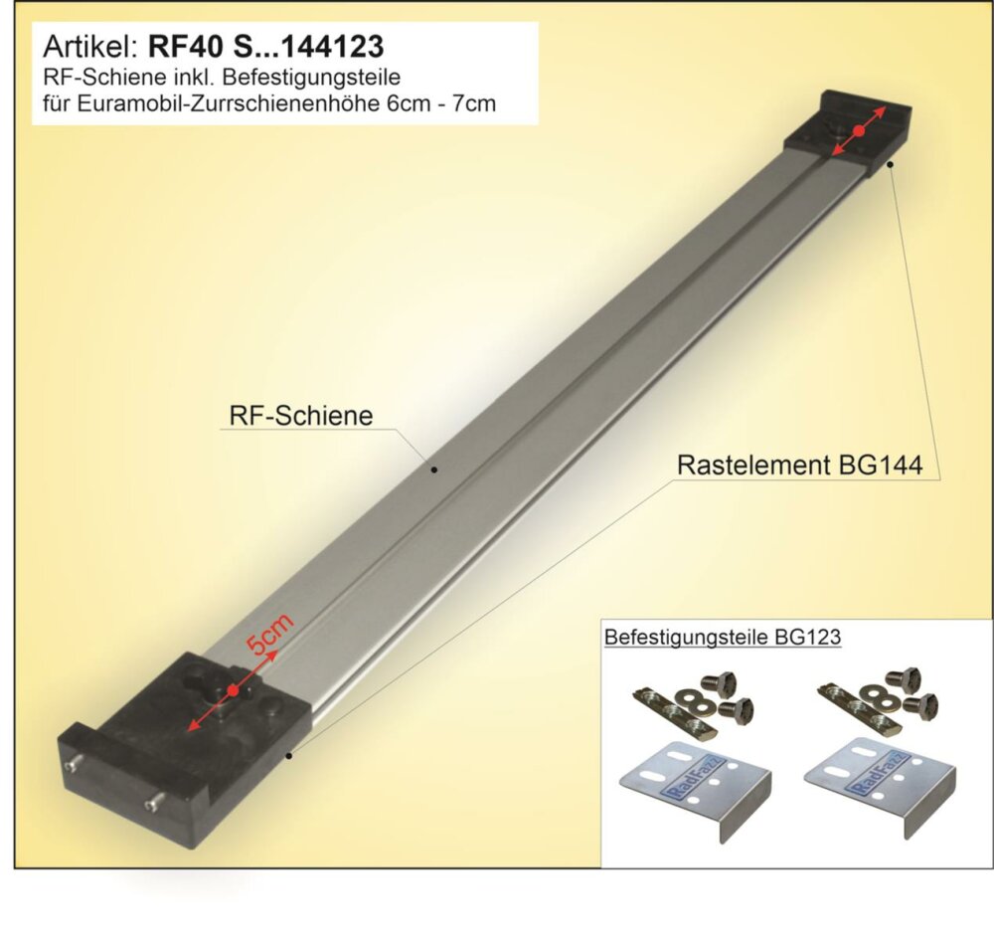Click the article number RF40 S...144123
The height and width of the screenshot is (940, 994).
(265, 47)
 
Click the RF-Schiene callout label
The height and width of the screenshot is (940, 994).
(301, 416)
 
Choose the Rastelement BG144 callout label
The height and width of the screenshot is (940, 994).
(799, 465)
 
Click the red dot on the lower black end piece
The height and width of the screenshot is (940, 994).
(233, 689)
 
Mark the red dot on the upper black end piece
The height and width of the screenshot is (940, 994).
(859, 130)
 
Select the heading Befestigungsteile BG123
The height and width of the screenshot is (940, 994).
(723, 637)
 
